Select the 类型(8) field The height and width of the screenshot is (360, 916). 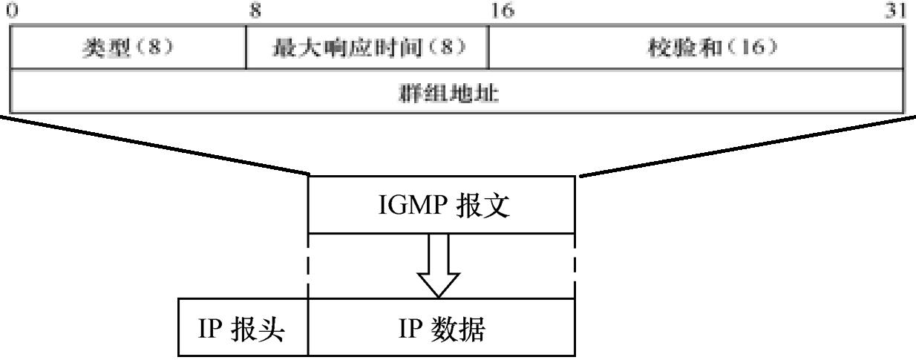click(127, 48)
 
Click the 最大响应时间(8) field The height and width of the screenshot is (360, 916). click(367, 48)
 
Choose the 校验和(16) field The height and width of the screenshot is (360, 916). click(697, 48)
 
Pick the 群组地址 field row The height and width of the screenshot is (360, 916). click(458, 93)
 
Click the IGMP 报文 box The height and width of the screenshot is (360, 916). click(441, 205)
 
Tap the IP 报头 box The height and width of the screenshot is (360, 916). click(243, 329)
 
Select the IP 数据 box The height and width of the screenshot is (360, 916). click(441, 329)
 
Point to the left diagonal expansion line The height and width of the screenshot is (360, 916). click(156, 145)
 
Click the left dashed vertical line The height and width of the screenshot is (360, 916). click(308, 264)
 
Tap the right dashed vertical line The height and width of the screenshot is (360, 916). click(575, 264)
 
